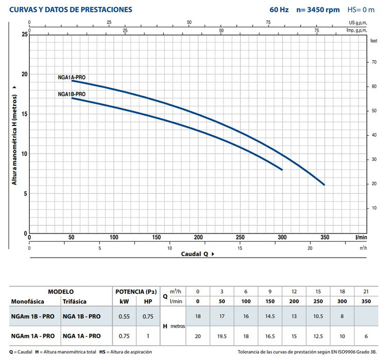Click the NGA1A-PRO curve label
[x=72, y=77]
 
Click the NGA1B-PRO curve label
[x=72, y=94]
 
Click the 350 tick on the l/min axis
[x=324, y=238]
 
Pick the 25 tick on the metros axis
[x=24, y=34]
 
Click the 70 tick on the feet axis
[x=374, y=62]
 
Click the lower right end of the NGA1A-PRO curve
[x=324, y=185]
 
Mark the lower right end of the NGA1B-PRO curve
[x=282, y=169]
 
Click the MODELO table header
[x=60, y=291]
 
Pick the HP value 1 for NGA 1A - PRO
[x=148, y=336]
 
